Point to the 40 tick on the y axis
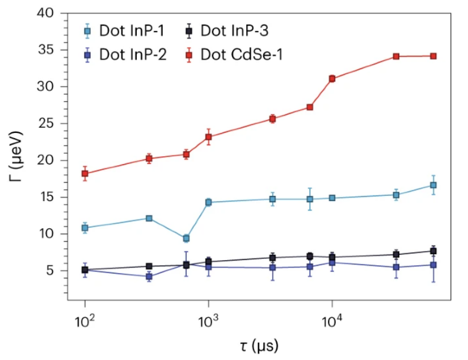point(51,13)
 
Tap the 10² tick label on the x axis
point(85,324)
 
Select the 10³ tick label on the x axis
point(208,324)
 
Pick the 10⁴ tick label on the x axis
point(332,324)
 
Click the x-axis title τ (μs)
point(255,346)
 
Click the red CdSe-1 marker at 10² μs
point(85,174)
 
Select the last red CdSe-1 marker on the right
point(433,56)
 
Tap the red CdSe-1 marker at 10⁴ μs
point(332,79)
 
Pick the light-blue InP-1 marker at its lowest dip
point(186,238)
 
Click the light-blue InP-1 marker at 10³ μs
point(208,202)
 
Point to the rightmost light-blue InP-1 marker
point(433,185)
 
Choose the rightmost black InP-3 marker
point(433,251)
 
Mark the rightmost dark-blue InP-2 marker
point(433,265)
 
